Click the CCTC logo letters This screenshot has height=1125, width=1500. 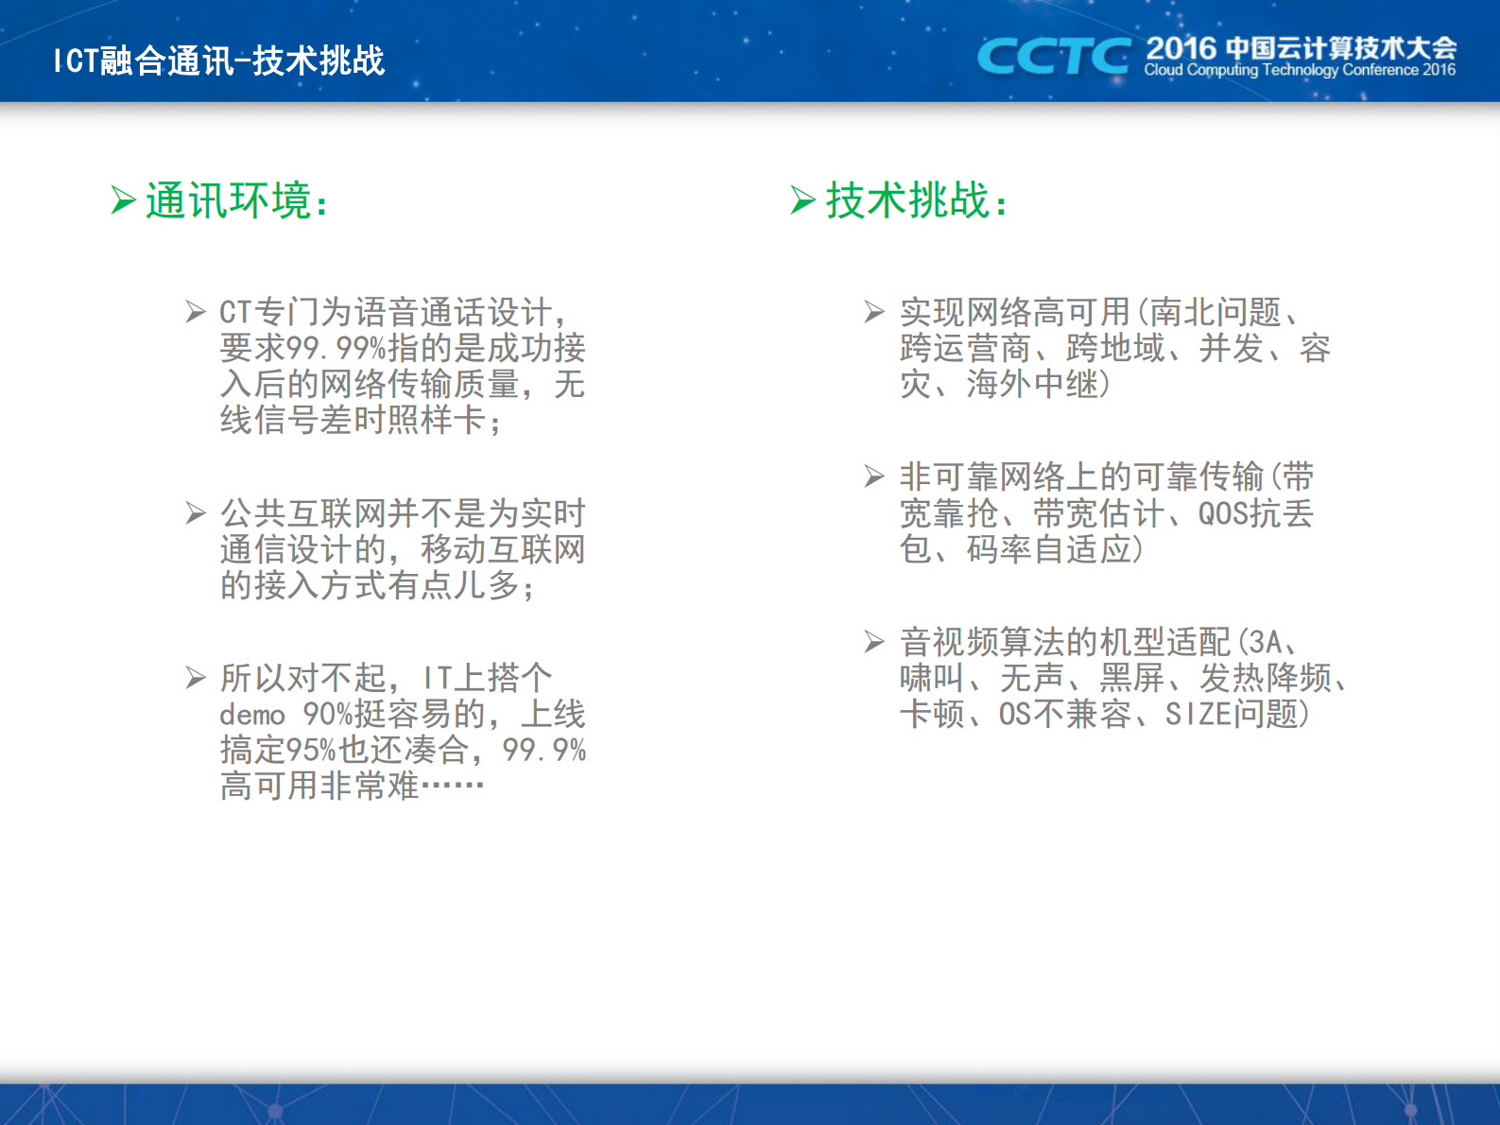pos(1053,57)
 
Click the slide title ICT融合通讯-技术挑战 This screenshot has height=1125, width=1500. pos(219,61)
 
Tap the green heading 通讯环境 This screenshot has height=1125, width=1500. pos(236,200)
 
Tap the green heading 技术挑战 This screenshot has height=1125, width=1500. pos(916,200)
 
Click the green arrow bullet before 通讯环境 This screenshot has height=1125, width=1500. pos(123,200)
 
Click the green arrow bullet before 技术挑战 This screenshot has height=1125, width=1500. pos(802,200)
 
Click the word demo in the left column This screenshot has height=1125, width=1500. pos(252,716)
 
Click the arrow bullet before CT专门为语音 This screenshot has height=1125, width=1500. pos(196,312)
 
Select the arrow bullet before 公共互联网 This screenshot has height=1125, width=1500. pos(196,513)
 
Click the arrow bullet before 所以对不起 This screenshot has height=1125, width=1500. pos(196,678)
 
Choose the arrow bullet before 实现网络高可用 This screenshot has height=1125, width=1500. pos(874,312)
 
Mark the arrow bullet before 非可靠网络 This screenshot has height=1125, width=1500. pos(874,476)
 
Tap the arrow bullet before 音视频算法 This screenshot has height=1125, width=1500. pos(874,643)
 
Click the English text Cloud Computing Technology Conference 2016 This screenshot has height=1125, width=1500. pos(1299,71)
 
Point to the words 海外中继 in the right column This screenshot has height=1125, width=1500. pos(1031,385)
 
